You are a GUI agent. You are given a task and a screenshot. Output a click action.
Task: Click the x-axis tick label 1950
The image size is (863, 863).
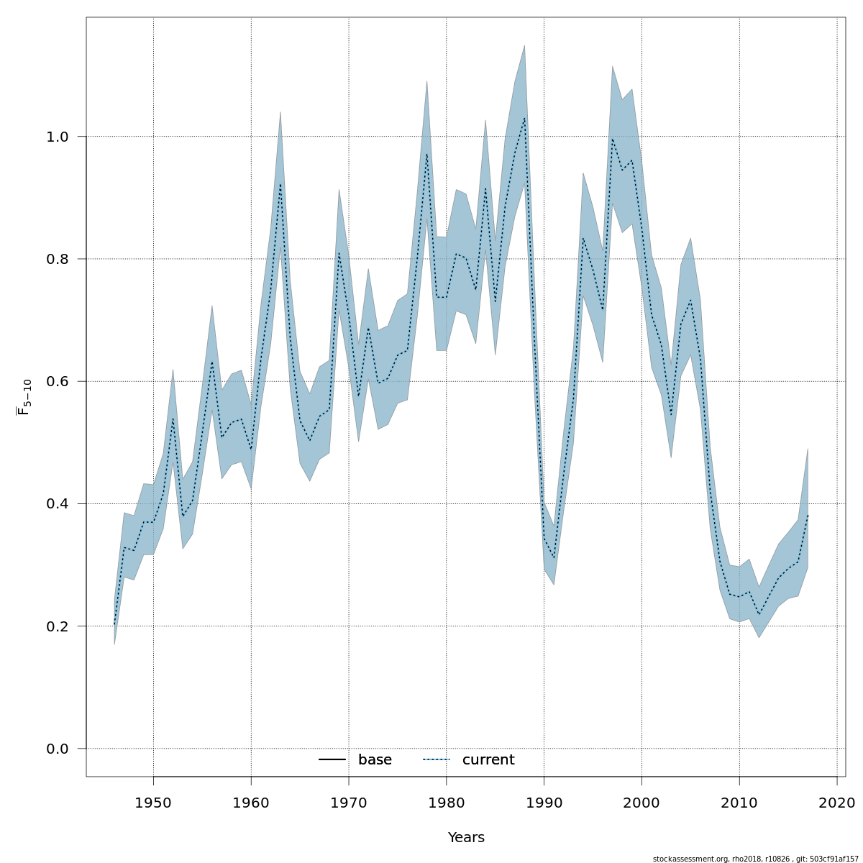point(153,803)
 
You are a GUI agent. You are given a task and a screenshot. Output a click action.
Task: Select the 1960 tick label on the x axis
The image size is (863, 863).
point(251,803)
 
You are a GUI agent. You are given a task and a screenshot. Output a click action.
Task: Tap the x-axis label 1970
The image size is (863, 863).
point(349,803)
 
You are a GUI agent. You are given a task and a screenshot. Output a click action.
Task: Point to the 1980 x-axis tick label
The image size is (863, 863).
point(447,803)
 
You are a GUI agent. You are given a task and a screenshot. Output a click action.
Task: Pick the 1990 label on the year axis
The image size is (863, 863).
point(544,803)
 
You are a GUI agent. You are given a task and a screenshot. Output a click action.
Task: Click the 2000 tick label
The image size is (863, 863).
point(641,803)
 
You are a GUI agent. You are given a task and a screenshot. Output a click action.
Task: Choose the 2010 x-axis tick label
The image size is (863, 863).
point(739,803)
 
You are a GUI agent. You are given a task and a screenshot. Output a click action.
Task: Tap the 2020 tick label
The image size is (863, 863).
point(837,803)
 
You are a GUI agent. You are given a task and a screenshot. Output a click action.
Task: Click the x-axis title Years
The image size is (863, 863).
point(466,838)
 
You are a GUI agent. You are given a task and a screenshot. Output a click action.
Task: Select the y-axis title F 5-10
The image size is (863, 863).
point(25,397)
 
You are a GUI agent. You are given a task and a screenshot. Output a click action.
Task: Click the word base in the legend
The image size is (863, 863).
point(375,760)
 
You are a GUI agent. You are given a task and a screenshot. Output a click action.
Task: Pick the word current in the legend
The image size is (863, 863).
point(488,760)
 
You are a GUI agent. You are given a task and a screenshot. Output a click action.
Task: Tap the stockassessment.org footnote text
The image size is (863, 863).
point(755,859)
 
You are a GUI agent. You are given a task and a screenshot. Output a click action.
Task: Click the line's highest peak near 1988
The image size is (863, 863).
point(524,118)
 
